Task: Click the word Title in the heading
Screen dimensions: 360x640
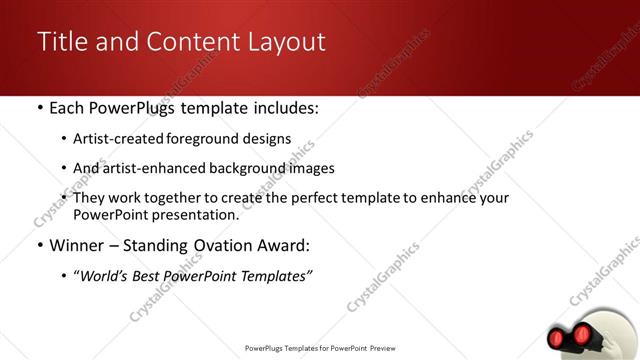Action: tap(61, 42)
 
